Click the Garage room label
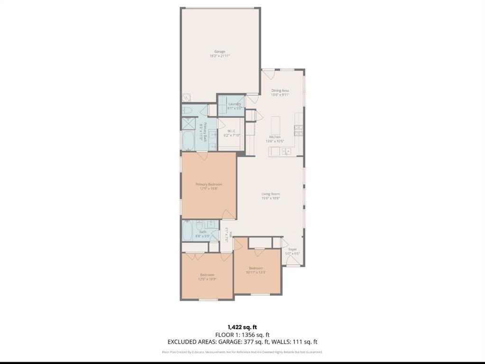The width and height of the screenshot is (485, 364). click(220, 52)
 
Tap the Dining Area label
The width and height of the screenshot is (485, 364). click(280, 90)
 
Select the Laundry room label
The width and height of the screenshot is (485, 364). click(234, 104)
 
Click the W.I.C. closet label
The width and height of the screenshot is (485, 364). click(231, 131)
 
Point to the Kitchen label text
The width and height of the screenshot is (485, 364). click(275, 137)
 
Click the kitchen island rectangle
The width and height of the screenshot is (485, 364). click(275, 125)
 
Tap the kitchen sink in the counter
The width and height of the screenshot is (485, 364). click(286, 152)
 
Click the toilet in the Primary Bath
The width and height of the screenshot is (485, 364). click(187, 111)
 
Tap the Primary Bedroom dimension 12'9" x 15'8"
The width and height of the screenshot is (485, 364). click(209, 189)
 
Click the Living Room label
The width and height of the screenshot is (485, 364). click(271, 194)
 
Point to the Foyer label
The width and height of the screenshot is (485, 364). click(293, 249)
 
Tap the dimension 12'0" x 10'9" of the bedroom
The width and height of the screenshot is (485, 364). click(207, 279)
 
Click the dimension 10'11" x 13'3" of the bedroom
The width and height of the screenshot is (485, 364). click(256, 272)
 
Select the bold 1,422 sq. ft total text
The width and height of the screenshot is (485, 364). click(242, 327)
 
